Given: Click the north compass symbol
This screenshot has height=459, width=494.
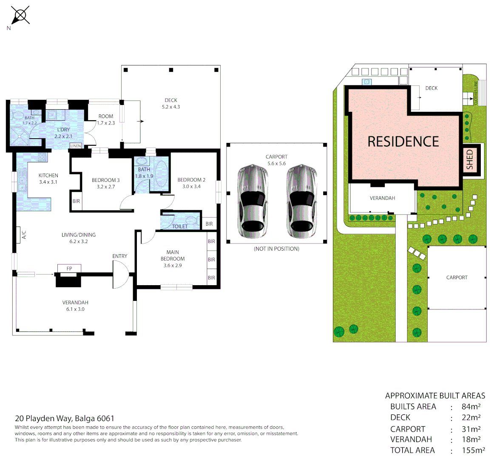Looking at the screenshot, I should pos(20,16).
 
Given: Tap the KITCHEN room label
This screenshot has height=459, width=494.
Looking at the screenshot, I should pos(48,175).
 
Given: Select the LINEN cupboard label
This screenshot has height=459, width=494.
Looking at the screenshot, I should pos(76,146).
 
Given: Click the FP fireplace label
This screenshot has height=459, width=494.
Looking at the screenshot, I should pos(69,269).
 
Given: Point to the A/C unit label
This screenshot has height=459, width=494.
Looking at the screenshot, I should pos(24,235).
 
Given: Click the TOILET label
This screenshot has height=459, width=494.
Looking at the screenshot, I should pos(179,227).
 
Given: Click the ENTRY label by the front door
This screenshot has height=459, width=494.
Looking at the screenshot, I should pos(120,256).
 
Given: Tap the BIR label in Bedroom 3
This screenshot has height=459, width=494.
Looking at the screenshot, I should pos(76,201).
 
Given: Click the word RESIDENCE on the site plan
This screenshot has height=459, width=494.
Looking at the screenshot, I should pos(403,142).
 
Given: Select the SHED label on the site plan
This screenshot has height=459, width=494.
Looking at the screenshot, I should pos(470,159).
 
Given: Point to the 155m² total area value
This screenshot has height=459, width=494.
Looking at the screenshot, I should pos(473,450).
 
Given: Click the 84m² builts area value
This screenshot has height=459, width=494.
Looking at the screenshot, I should pos(471,406).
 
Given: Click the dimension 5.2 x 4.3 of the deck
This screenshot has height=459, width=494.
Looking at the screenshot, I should pos(171,107).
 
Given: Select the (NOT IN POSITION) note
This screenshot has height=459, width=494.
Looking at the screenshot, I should pos(276,249).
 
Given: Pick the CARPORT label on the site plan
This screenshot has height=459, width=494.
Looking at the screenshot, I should pos(457,278).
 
